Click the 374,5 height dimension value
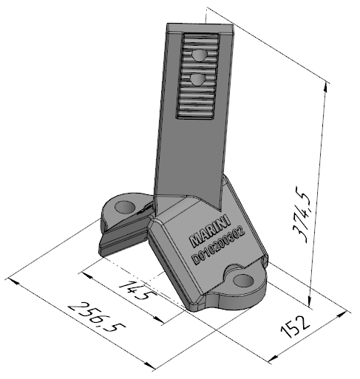301,214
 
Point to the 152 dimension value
295,327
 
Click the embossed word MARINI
210,231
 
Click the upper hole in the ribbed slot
199,55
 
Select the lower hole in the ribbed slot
198,80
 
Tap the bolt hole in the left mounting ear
125,207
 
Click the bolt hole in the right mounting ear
243,281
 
